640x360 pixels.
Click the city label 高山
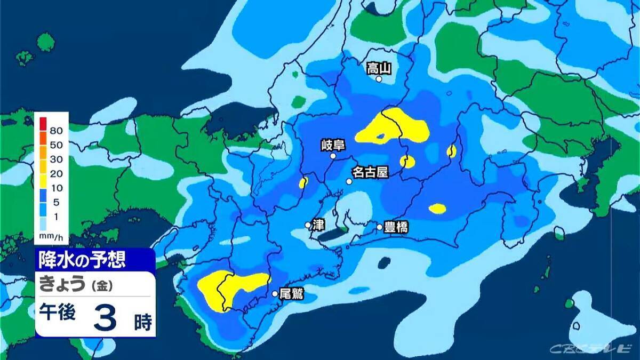pos(379,68)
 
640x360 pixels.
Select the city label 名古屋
pos(369,172)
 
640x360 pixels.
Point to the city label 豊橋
pos(396,227)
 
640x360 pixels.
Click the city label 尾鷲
pos(291,294)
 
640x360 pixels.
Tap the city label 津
pos(318,225)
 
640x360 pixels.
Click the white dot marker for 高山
pos(379,79)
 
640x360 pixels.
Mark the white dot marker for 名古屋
pos(349,181)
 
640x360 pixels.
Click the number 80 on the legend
pos(57,131)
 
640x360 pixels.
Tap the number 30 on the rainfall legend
pos(57,159)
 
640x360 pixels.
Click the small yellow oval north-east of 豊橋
pos(438,209)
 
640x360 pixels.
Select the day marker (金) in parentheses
pos(100,286)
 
